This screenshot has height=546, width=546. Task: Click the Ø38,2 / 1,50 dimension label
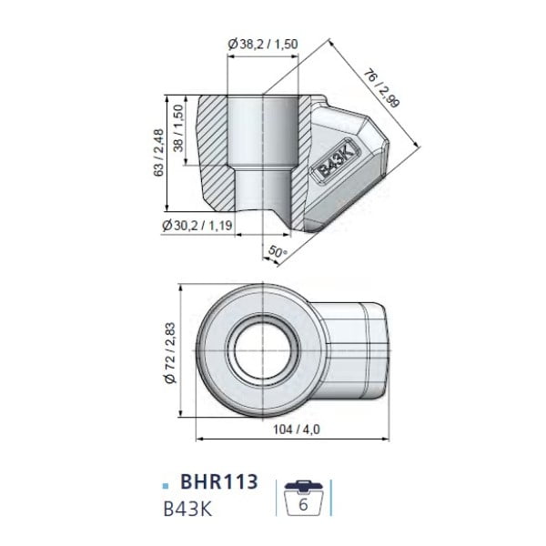263,45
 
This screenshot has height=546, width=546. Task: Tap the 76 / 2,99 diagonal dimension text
381,88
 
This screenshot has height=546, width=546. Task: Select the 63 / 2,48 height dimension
158,153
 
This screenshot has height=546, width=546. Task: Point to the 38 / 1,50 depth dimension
178,128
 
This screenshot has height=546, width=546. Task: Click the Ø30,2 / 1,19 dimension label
197,226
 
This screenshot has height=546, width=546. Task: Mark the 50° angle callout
278,251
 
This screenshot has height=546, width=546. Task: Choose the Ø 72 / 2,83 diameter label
170,353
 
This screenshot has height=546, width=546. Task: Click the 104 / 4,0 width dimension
297,430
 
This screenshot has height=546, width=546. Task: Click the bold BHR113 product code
219,481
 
